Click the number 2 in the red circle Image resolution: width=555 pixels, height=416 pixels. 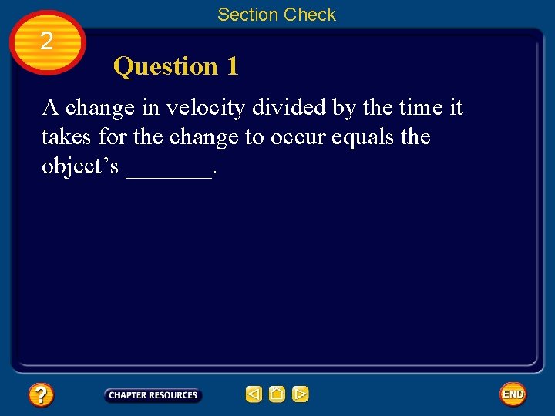click(x=46, y=41)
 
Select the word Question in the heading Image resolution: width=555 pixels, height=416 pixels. click(x=166, y=67)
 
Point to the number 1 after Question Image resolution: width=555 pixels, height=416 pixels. click(x=232, y=67)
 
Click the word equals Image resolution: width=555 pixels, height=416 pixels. click(x=359, y=137)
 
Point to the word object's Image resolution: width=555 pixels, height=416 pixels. click(x=80, y=167)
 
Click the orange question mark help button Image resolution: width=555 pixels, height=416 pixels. click(x=41, y=395)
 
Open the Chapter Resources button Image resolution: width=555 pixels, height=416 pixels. click(x=153, y=395)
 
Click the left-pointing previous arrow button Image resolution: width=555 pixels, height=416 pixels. click(x=254, y=395)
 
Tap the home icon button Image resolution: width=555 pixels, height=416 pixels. click(x=277, y=395)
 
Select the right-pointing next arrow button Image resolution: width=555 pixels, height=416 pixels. click(x=300, y=395)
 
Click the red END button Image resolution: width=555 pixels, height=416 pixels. click(x=513, y=394)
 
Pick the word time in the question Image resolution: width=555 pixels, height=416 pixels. click(x=421, y=108)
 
